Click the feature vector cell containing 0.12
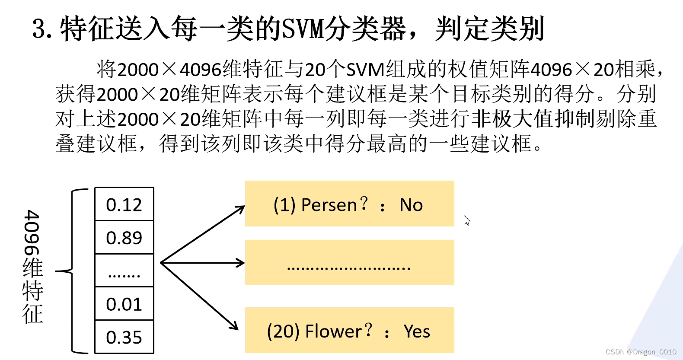124,204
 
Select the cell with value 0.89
124,238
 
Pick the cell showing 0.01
124,304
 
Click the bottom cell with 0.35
124,337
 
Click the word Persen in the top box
329,205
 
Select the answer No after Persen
411,205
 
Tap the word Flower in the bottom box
333,331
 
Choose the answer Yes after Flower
417,331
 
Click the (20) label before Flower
284,331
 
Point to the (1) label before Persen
285,205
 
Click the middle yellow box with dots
349,262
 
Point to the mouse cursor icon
466,220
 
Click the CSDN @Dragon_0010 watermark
641,352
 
